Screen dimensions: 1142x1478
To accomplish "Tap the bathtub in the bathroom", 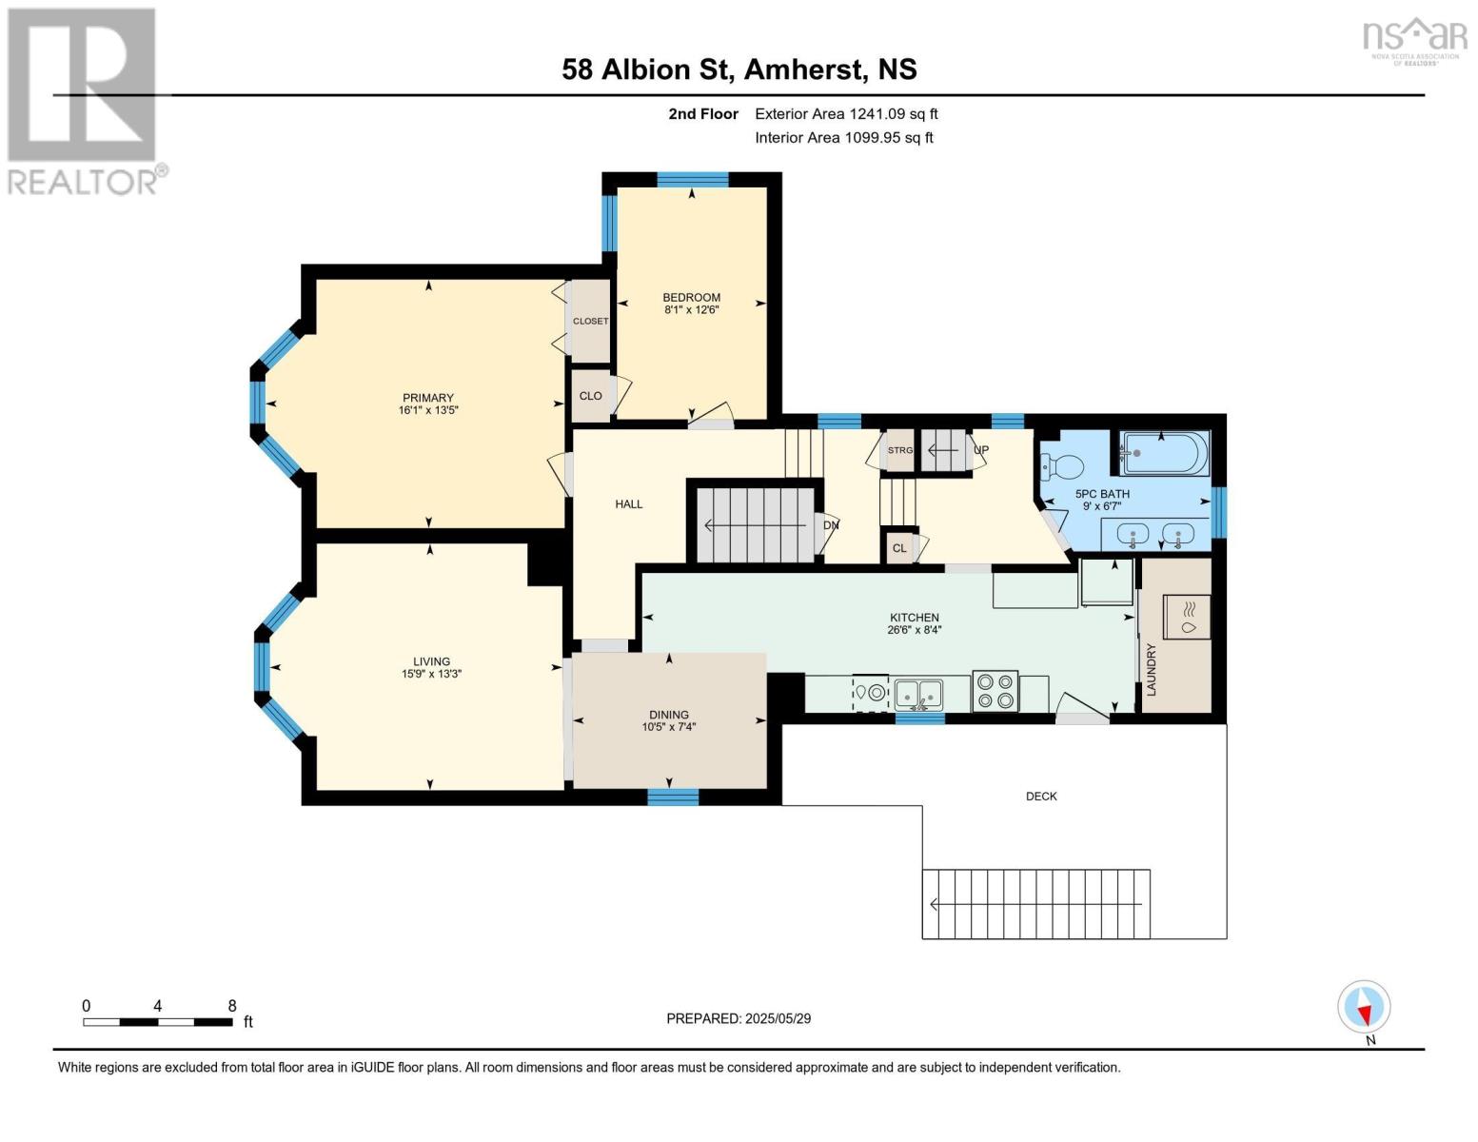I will click(x=1165, y=453).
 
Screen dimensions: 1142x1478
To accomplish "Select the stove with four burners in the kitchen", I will click(x=995, y=691).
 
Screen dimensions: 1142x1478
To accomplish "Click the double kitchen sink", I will click(x=918, y=693).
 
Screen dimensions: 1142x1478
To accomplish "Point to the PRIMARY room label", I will click(x=427, y=398).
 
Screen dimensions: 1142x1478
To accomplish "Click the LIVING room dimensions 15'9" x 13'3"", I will click(x=431, y=674).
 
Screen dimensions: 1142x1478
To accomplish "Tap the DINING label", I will click(x=669, y=715).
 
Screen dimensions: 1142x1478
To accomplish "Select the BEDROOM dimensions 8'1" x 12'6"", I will click(x=691, y=309).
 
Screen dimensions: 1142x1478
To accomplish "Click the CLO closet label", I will click(x=590, y=396).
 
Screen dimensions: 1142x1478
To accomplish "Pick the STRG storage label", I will click(x=899, y=450).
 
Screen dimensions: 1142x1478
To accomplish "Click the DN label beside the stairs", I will click(x=831, y=525).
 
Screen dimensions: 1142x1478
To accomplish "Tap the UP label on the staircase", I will click(x=981, y=450).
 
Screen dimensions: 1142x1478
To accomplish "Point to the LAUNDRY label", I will click(x=1151, y=669).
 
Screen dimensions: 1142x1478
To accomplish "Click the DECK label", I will click(x=1041, y=797).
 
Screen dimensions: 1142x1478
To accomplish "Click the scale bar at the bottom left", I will click(x=158, y=1022).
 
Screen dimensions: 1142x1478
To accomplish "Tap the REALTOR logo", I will click(x=84, y=100).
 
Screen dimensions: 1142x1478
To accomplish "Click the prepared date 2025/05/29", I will click(x=739, y=1018).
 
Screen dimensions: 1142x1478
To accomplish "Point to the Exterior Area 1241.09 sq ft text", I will click(x=846, y=114).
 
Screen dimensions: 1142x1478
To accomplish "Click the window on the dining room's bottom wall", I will click(x=673, y=797).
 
